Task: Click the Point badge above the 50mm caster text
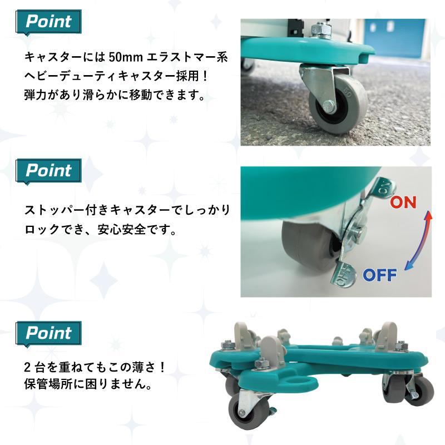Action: pyautogui.click(x=48, y=22)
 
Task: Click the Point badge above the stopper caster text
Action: pyautogui.click(x=48, y=171)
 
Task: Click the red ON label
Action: pyautogui.click(x=403, y=202)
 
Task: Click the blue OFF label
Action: pyautogui.click(x=380, y=275)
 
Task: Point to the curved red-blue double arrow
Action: pyautogui.click(x=419, y=240)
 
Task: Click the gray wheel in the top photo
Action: pyautogui.click(x=338, y=107)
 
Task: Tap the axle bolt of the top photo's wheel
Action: pyautogui.click(x=328, y=106)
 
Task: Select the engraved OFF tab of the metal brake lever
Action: pyautogui.click(x=343, y=274)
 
